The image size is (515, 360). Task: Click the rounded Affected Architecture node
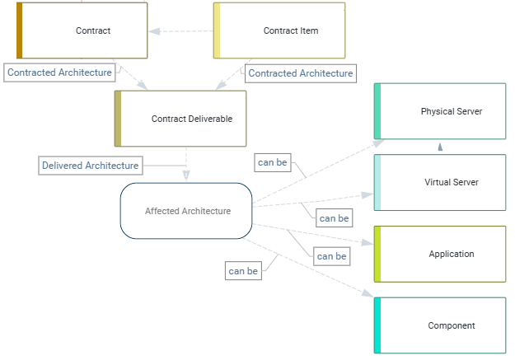[x=186, y=211]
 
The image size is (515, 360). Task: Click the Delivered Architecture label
[x=91, y=166]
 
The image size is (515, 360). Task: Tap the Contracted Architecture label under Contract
[x=59, y=72]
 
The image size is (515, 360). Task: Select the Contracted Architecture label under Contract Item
[x=301, y=73]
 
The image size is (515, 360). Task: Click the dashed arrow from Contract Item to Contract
[x=181, y=31]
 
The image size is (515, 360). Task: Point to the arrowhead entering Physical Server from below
[x=441, y=147]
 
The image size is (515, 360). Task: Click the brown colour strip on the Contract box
[x=20, y=30]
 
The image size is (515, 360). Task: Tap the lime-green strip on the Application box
[x=377, y=254]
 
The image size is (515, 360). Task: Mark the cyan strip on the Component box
[x=377, y=325]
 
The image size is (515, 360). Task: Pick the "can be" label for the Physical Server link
[x=273, y=162]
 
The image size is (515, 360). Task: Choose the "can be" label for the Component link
[x=243, y=270]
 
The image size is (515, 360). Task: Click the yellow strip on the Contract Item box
[x=217, y=30]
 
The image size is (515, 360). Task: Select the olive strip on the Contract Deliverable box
[x=118, y=119]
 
